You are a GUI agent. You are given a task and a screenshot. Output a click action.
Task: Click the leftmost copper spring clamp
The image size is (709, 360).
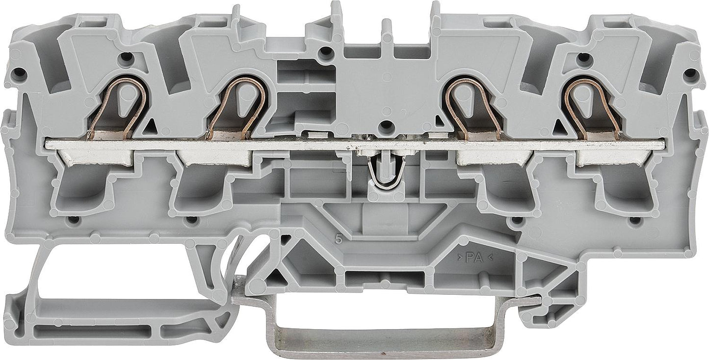(117, 107)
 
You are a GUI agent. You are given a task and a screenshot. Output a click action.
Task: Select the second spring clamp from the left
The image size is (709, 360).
(236, 107)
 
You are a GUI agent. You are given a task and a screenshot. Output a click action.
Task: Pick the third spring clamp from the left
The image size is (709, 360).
(473, 107)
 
